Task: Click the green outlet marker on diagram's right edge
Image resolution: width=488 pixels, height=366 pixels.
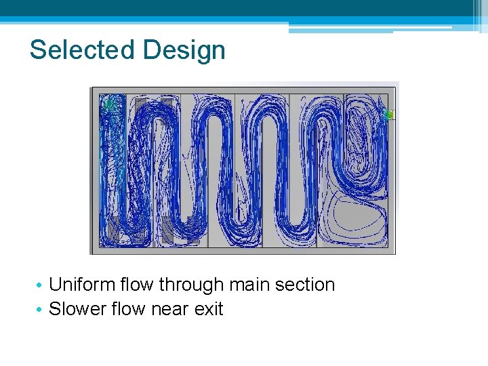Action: coord(389,115)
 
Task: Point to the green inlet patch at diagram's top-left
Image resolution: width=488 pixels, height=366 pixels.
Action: coord(108,103)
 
